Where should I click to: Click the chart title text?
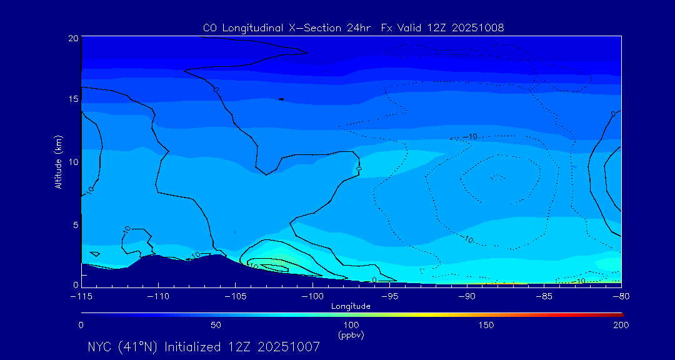coord(353,27)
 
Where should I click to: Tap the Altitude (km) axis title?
coord(58,162)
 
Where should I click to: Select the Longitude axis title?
coord(351,306)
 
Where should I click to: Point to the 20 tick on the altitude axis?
coord(73,38)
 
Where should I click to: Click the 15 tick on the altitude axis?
coord(73,99)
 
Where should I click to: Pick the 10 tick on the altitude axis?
coord(73,162)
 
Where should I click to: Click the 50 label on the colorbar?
coord(216,325)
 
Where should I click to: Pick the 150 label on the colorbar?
coord(486,325)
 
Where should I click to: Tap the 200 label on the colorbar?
coord(621,325)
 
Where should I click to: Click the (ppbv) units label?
coord(351,335)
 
